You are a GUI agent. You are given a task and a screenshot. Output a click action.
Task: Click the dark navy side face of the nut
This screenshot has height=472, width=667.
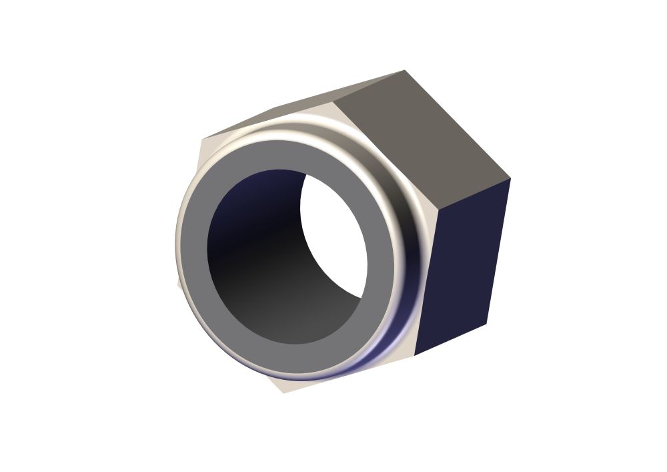click(x=464, y=267)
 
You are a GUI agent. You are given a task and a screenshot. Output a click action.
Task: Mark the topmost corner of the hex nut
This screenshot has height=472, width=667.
click(x=404, y=70)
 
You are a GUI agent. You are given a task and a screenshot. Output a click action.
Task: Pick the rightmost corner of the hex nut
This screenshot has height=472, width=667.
click(x=510, y=179)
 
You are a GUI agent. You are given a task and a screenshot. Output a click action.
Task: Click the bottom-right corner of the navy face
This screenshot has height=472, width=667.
click(x=486, y=324)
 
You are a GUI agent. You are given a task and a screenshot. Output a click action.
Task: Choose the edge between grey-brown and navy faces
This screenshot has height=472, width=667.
click(x=474, y=194)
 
